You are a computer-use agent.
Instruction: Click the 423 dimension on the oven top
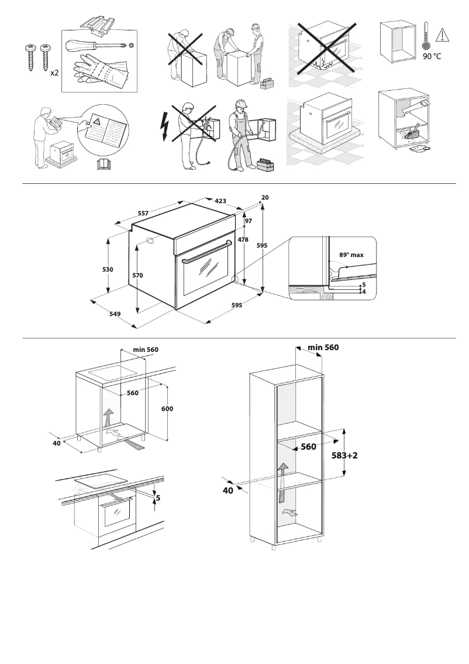pyautogui.click(x=220, y=201)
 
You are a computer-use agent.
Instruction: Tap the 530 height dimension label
pyautogui.click(x=108, y=269)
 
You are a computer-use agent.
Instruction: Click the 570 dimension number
pyautogui.click(x=138, y=275)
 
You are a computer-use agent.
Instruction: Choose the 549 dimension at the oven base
pyautogui.click(x=115, y=314)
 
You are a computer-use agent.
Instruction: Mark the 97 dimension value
pyautogui.click(x=248, y=221)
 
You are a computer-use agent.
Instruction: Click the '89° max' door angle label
pyautogui.click(x=351, y=255)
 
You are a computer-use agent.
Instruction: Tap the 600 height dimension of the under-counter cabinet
pyautogui.click(x=167, y=408)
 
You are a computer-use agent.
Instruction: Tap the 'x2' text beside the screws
pyautogui.click(x=54, y=73)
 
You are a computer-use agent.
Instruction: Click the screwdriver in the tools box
pyautogui.click(x=97, y=46)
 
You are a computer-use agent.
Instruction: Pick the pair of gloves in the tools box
pyautogui.click(x=99, y=72)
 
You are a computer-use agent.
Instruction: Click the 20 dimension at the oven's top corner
pyautogui.click(x=265, y=198)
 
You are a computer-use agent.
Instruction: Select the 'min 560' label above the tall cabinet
pyautogui.click(x=323, y=347)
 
